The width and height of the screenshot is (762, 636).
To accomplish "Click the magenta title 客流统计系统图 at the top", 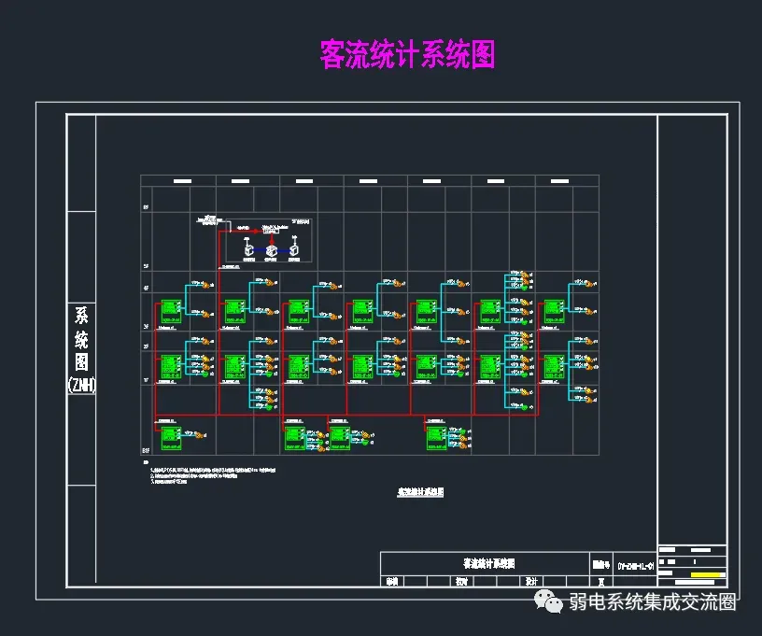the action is point(407,54).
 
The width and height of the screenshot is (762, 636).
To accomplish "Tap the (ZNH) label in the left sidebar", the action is point(81,384).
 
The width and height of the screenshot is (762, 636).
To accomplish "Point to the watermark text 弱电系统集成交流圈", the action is point(654,602).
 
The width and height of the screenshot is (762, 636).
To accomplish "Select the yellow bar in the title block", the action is point(707,572).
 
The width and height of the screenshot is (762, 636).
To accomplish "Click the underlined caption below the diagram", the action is point(420,491).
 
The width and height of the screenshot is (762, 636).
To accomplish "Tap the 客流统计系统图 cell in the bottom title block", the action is point(488,564).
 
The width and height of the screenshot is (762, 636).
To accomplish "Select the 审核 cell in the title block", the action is point(391,582).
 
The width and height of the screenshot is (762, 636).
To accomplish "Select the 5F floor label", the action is point(146,266).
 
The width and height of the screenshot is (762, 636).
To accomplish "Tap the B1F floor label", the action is point(147,451).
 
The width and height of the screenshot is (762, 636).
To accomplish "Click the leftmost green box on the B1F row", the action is point(170,435).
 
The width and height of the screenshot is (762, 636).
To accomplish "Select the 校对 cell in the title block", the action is point(461,582).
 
